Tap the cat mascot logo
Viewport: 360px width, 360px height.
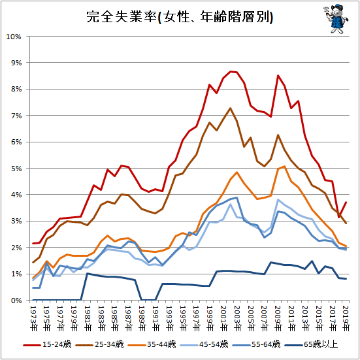click(336, 18)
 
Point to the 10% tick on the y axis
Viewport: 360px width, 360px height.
click(14, 37)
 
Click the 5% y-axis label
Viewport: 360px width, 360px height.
click(16, 169)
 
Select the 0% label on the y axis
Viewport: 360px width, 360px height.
click(16, 301)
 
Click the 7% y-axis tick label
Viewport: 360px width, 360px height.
click(16, 116)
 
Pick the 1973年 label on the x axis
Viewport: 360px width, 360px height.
click(34, 319)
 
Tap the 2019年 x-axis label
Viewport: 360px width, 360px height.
click(346, 319)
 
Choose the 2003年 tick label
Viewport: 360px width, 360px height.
click(237, 319)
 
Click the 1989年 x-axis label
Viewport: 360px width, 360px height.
click(142, 319)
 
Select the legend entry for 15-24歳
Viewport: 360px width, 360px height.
click(47, 344)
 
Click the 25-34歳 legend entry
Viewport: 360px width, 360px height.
click(99, 344)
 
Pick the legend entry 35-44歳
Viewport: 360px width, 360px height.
click(152, 344)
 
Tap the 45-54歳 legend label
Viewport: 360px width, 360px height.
click(204, 344)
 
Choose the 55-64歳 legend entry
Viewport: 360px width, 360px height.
click(256, 344)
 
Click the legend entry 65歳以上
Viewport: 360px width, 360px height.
click(311, 344)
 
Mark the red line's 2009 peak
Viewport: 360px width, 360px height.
click(278, 75)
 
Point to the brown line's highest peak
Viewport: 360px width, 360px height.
click(230, 108)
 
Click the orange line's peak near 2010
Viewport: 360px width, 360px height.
click(285, 166)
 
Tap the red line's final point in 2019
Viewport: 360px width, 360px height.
click(346, 202)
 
